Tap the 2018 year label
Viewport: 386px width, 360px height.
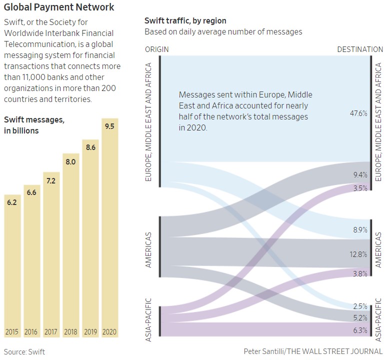(x=70, y=331)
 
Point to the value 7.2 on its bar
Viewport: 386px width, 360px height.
(x=51, y=180)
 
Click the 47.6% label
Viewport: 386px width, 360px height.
(x=358, y=113)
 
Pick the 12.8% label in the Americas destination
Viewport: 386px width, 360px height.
(x=358, y=254)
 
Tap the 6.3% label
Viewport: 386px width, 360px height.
(x=359, y=330)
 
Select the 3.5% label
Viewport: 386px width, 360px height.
(x=359, y=188)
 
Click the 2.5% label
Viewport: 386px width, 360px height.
(x=359, y=306)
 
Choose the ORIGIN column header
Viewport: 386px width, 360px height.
(x=156, y=49)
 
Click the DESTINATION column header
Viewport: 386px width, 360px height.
(x=360, y=49)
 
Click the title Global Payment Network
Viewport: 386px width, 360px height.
(x=59, y=7)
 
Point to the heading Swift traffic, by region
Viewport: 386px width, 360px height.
(x=185, y=21)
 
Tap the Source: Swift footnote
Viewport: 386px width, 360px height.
(x=24, y=351)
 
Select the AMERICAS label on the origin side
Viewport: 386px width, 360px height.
(x=148, y=249)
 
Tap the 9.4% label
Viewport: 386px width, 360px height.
(x=359, y=175)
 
